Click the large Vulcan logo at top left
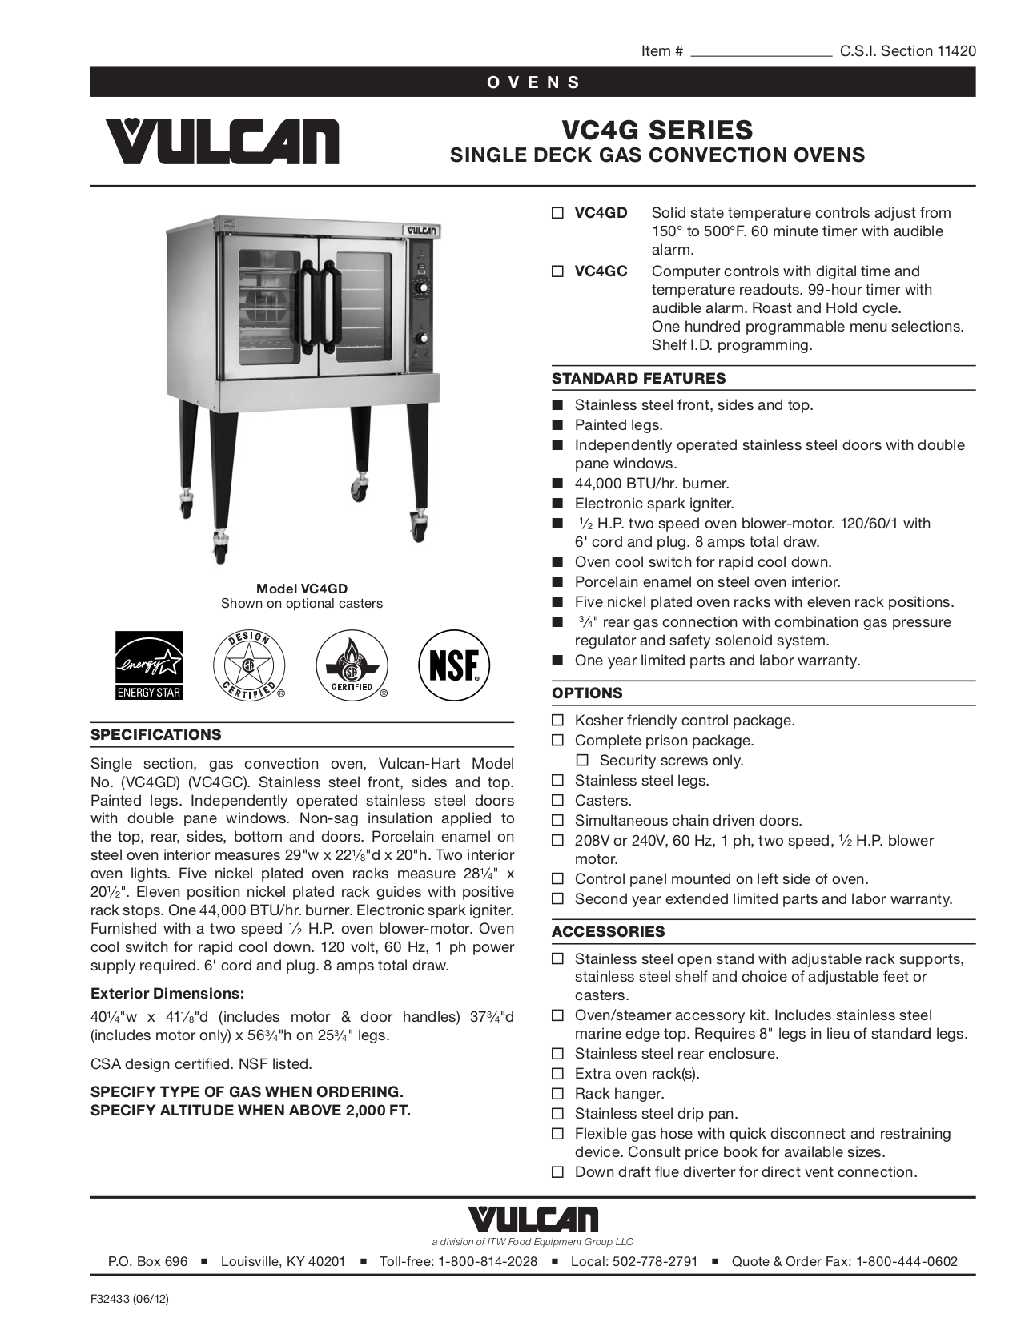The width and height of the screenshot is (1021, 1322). pyautogui.click(x=222, y=141)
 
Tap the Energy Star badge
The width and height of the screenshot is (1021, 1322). pyautogui.click(x=149, y=665)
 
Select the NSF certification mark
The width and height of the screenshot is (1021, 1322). pyautogui.click(x=454, y=665)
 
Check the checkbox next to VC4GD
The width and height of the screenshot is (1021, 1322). pyautogui.click(x=557, y=214)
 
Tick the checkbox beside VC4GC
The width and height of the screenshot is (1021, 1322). pyautogui.click(x=557, y=272)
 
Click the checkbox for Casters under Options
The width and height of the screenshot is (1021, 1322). pyautogui.click(x=557, y=801)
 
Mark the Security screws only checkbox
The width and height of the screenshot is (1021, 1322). pyautogui.click(x=582, y=761)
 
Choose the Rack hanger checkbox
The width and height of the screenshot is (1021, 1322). pyautogui.click(x=557, y=1094)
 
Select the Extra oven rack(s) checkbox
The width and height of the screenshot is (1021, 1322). pyautogui.click(x=557, y=1074)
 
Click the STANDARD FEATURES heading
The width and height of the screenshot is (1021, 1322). pyautogui.click(x=638, y=379)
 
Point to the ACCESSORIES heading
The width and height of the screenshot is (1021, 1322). pyautogui.click(x=608, y=932)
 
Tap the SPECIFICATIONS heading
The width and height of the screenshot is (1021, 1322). pyautogui.click(x=155, y=735)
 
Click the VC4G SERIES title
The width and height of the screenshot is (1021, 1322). pyautogui.click(x=657, y=130)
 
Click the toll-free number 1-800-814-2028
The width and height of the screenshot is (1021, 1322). pyautogui.click(x=487, y=1262)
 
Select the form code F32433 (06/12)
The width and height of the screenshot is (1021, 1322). pyautogui.click(x=130, y=1300)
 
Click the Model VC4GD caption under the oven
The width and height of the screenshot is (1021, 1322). pyautogui.click(x=302, y=589)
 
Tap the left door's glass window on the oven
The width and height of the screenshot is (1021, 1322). pyautogui.click(x=269, y=304)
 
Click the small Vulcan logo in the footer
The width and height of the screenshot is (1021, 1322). pyautogui.click(x=533, y=1220)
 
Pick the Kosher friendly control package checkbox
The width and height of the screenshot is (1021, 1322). pyautogui.click(x=557, y=721)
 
